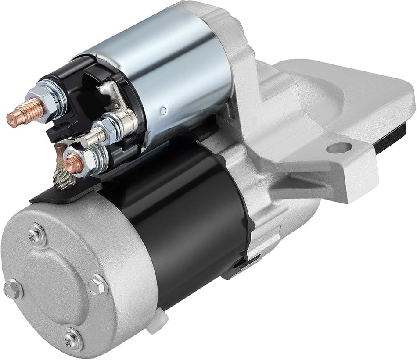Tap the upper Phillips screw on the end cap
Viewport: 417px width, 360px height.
point(37,235)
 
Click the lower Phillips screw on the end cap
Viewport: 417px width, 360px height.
point(72,339)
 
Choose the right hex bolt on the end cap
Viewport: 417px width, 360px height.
point(97,285)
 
